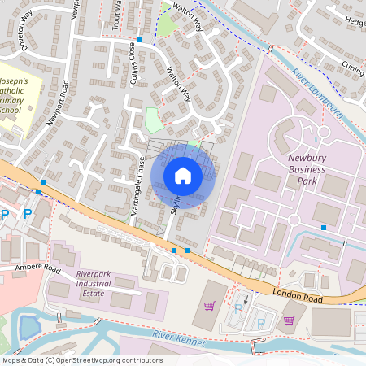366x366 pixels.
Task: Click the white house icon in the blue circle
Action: [x=183, y=176]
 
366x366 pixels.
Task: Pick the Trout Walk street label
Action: [x=119, y=14]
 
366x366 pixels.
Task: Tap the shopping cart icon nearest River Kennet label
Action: [x=210, y=306]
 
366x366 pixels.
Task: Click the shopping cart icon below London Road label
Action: [x=289, y=320]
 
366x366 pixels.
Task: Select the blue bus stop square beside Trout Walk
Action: [x=139, y=39]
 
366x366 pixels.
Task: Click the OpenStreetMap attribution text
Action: [x=81, y=360]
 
